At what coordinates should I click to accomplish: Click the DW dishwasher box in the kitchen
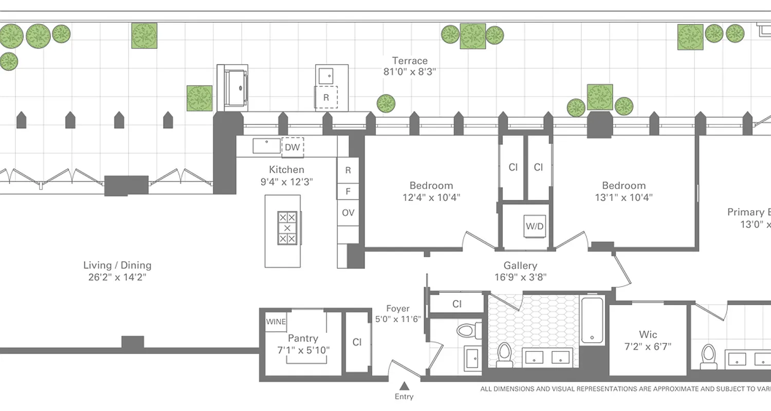coord(292,147)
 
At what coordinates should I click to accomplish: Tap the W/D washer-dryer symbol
coord(535,226)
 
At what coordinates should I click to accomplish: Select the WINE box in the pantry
coord(276,322)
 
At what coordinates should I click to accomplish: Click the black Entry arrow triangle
coord(404,385)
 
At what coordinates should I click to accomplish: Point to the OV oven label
coord(348,213)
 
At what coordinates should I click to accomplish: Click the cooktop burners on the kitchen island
coord(287,228)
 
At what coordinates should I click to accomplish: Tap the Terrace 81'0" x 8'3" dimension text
coord(410,66)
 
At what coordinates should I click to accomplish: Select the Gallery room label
coord(520,266)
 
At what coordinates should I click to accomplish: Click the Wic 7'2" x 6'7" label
coord(648,340)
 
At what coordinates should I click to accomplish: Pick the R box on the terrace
coord(326,97)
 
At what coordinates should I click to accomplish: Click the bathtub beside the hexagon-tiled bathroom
coord(594,320)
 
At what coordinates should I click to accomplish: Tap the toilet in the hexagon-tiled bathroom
coord(504,354)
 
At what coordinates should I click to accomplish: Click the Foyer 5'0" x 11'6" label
coord(398,313)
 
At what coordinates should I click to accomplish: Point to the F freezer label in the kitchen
coord(348,192)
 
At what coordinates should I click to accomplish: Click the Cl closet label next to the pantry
coord(357,342)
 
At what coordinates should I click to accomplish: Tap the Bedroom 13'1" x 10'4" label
coord(624,191)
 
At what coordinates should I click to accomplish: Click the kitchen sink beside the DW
coord(266,146)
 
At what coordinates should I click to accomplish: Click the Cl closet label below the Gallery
coord(457,304)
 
